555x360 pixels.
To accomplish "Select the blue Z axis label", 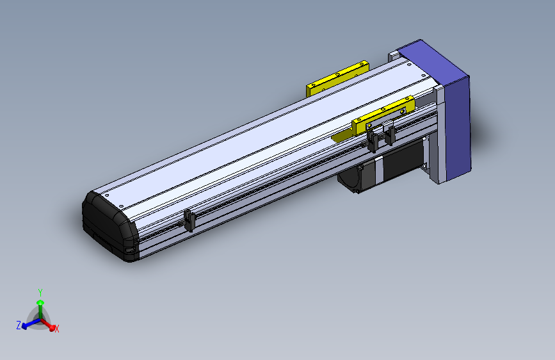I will click(19, 325).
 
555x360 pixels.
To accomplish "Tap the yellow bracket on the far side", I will click(337, 78).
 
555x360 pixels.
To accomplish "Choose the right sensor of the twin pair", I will click(389, 134).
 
